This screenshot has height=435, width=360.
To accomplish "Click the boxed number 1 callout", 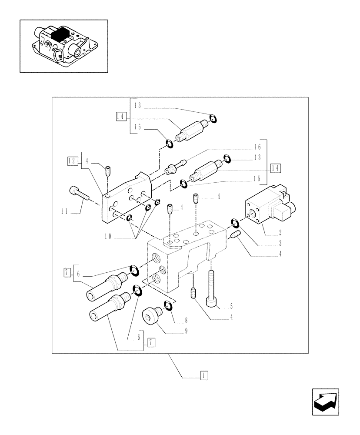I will pyautogui.click(x=204, y=375).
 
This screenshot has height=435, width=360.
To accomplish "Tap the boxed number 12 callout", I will pyautogui.click(x=72, y=161).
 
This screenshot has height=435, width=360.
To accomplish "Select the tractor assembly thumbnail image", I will pyautogui.click(x=63, y=46).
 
